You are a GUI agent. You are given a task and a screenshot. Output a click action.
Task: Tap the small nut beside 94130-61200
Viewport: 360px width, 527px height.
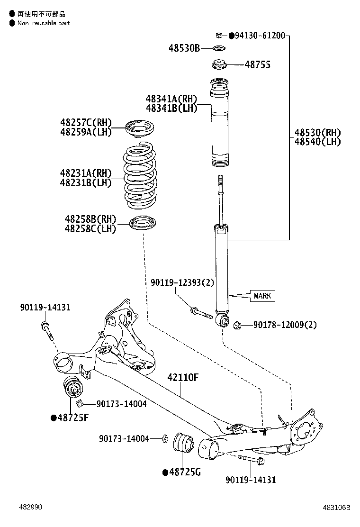219,35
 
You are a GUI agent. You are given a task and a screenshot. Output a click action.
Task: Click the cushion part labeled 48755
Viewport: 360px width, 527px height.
219,64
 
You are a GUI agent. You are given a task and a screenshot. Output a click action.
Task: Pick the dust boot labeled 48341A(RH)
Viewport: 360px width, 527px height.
219,123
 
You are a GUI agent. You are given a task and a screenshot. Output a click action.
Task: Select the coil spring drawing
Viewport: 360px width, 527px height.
140,178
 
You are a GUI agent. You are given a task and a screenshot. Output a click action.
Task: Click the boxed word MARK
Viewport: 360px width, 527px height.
262,296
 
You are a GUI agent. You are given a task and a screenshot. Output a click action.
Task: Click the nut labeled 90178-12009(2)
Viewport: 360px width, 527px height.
238,325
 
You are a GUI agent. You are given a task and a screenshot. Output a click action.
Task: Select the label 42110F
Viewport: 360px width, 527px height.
182,378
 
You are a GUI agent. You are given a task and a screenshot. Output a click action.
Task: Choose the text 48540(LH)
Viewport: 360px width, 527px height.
317,142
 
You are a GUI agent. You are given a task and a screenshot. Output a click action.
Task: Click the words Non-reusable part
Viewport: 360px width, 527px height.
43,23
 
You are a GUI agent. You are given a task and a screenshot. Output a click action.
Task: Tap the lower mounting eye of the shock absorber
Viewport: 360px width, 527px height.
223,322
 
